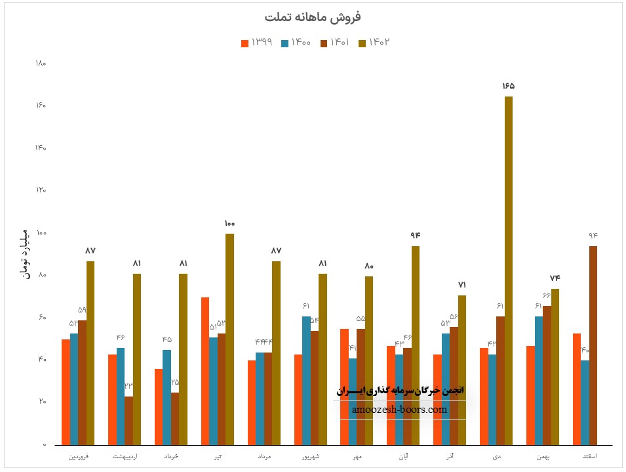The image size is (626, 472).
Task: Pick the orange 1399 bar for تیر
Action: (x=205, y=371)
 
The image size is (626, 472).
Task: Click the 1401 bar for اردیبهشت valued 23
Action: (x=128, y=421)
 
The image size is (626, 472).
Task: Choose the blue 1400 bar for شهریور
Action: (x=306, y=381)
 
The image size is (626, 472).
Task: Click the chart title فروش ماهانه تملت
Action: (x=313, y=16)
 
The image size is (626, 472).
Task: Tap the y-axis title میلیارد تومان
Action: (x=25, y=253)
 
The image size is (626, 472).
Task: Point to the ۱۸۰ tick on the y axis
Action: (x=40, y=64)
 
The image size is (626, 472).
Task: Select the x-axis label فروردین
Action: (x=79, y=455)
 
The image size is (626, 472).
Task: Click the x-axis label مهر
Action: (x=358, y=455)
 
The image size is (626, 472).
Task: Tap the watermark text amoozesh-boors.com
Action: (x=399, y=410)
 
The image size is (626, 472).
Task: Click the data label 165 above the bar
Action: (x=509, y=86)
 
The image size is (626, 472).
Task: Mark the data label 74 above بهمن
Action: (x=555, y=278)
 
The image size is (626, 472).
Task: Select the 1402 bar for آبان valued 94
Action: (x=416, y=345)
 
